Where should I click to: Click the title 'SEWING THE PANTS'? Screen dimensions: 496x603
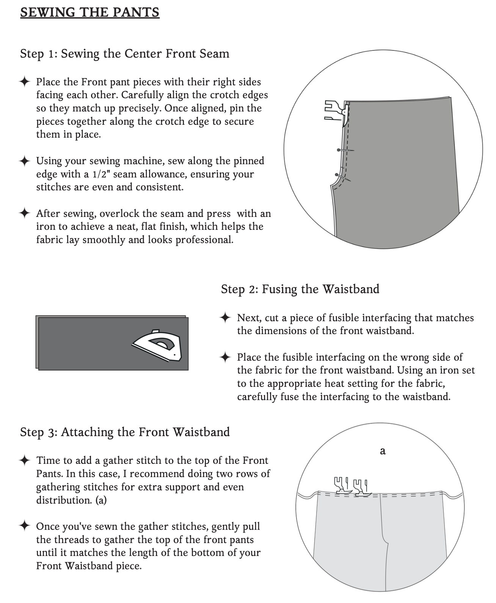tap(90, 13)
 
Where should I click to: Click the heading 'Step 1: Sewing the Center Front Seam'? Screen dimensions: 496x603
tap(125, 54)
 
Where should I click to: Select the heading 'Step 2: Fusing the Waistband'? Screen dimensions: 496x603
tap(300, 289)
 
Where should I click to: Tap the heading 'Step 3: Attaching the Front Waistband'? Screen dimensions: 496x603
tap(125, 432)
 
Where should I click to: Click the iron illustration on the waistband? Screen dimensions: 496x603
tap(157, 345)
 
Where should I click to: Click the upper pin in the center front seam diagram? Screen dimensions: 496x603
tap(345, 150)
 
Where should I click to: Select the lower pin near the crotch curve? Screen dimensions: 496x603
tap(343, 177)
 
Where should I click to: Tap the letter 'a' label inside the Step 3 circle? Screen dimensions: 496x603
tap(383, 451)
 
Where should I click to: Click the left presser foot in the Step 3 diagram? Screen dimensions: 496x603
tap(342, 485)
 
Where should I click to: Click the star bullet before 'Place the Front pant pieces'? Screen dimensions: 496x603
tap(25, 82)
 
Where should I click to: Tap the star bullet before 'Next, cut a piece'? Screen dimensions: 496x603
tap(225, 318)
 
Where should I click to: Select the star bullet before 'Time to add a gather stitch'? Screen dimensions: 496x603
tap(25, 460)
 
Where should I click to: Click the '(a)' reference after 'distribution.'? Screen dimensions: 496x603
tap(101, 500)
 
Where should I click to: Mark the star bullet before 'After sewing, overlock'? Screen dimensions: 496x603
tap(25, 213)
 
